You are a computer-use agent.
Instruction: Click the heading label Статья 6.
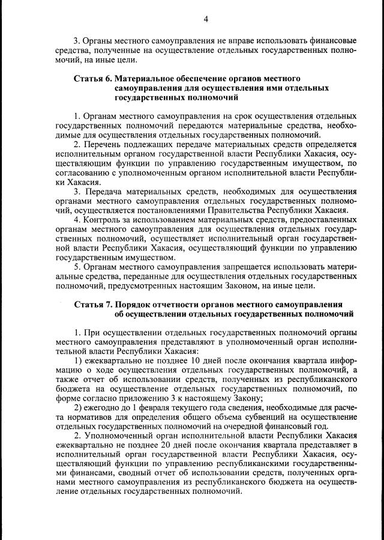coord(92,79)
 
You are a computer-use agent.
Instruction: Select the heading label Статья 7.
coord(92,304)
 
